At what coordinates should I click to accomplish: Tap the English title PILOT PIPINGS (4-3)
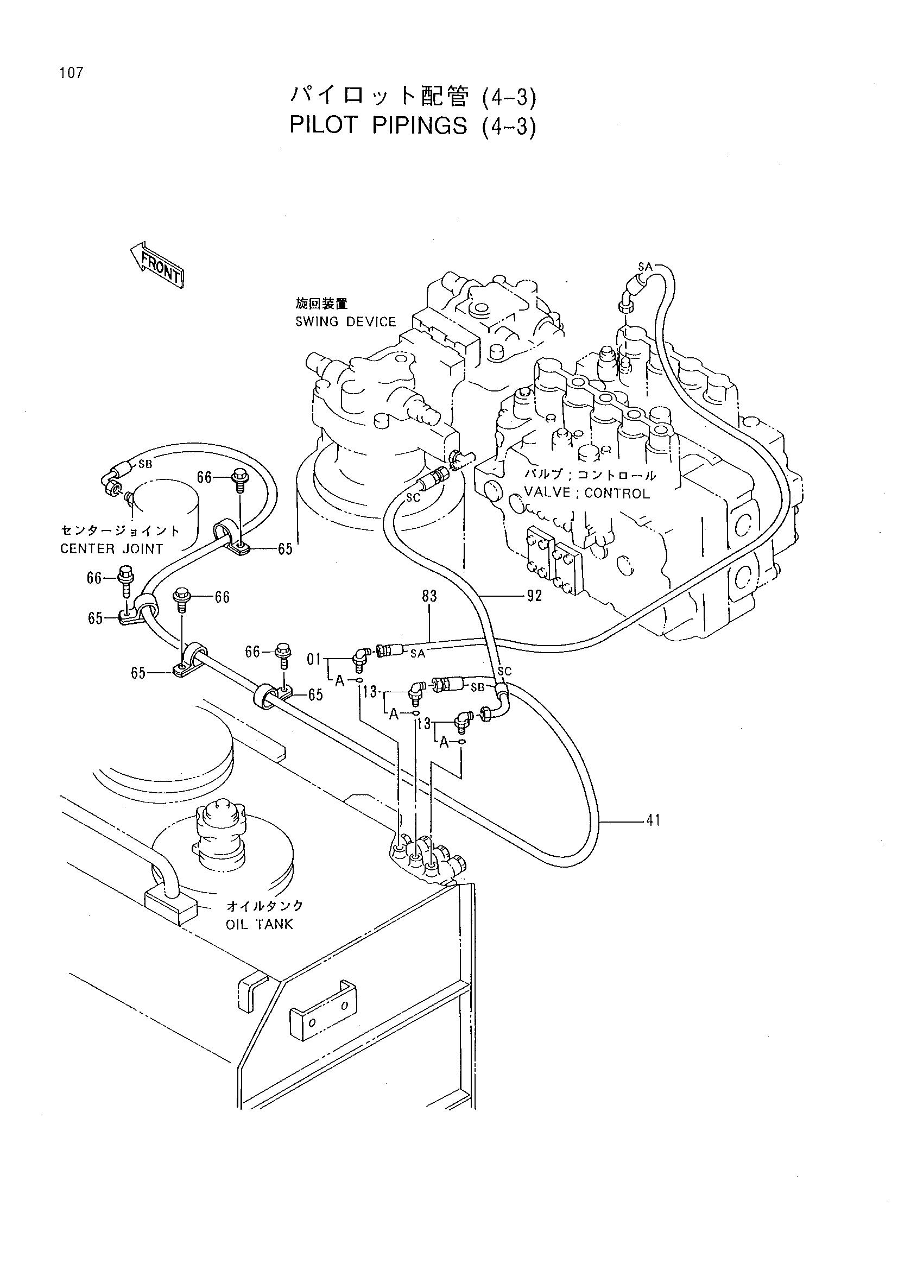(413, 127)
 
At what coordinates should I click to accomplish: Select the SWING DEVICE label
(346, 322)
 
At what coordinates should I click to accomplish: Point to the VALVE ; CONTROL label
(587, 493)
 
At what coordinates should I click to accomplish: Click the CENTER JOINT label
(112, 549)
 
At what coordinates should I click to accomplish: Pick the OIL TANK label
(260, 925)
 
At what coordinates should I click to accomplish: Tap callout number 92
(534, 596)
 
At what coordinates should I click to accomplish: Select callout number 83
(429, 596)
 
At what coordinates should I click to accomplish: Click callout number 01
(314, 659)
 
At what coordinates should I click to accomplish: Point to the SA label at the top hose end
(646, 267)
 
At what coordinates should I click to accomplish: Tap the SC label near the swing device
(413, 497)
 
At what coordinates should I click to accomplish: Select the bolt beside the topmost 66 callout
(239, 479)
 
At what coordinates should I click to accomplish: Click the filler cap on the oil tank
(219, 833)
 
